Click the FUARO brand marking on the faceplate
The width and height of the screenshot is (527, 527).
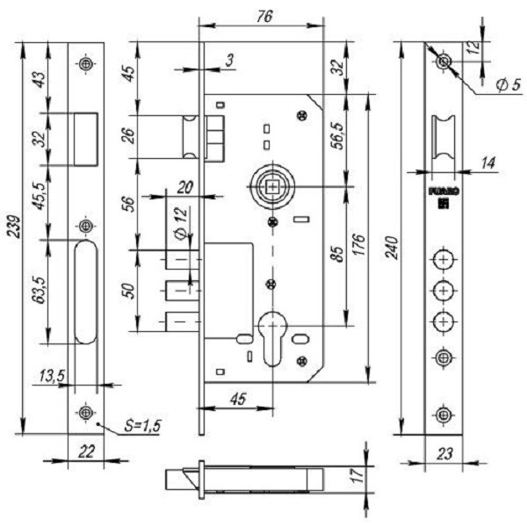440,189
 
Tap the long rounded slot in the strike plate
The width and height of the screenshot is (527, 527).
85,295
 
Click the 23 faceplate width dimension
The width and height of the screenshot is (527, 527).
445,454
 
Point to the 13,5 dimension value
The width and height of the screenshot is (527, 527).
52,377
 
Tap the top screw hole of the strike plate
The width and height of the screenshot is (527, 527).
85,64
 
